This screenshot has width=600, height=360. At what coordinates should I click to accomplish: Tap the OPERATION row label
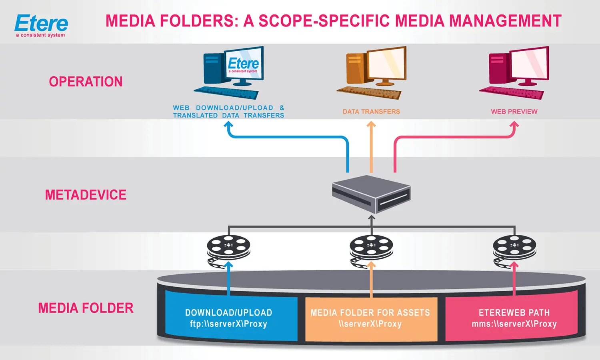(86, 82)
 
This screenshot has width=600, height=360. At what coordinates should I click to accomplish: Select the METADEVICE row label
(86, 195)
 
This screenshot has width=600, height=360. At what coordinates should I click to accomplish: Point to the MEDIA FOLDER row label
(86, 308)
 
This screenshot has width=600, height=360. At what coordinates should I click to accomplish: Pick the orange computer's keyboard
(369, 93)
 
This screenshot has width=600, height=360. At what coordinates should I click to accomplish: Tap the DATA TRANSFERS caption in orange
(371, 112)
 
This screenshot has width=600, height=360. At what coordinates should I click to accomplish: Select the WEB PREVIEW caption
(514, 112)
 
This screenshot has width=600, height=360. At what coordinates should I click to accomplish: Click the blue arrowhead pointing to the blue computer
(228, 125)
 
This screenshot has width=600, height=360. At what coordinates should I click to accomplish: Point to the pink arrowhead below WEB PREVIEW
(514, 125)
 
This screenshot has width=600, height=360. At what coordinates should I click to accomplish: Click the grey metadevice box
(371, 194)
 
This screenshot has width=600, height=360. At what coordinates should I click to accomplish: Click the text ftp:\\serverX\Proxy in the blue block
(228, 324)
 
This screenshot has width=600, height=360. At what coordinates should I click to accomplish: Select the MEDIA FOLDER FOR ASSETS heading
(370, 313)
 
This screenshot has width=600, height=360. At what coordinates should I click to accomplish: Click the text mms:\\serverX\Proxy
(514, 324)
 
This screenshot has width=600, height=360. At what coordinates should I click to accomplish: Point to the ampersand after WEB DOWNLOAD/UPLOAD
(282, 108)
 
